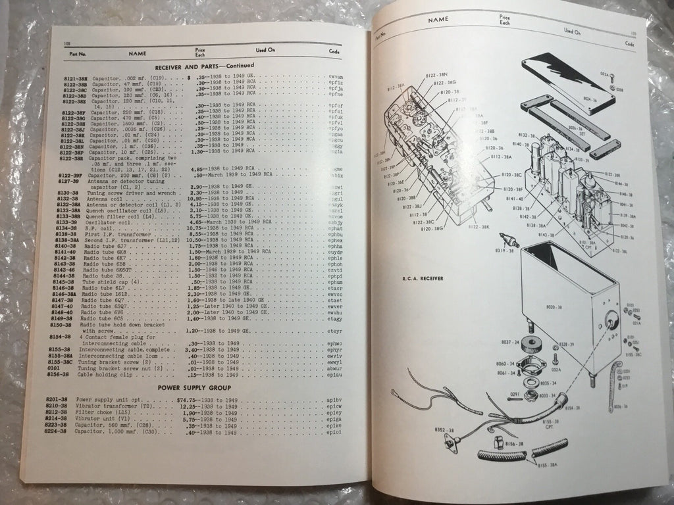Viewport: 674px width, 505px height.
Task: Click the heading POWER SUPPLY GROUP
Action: tap(194, 387)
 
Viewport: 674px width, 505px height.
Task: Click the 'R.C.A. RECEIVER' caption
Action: tap(424, 278)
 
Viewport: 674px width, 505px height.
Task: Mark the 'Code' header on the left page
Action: tap(335, 51)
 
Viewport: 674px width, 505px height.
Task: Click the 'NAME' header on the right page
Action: tap(438, 20)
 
